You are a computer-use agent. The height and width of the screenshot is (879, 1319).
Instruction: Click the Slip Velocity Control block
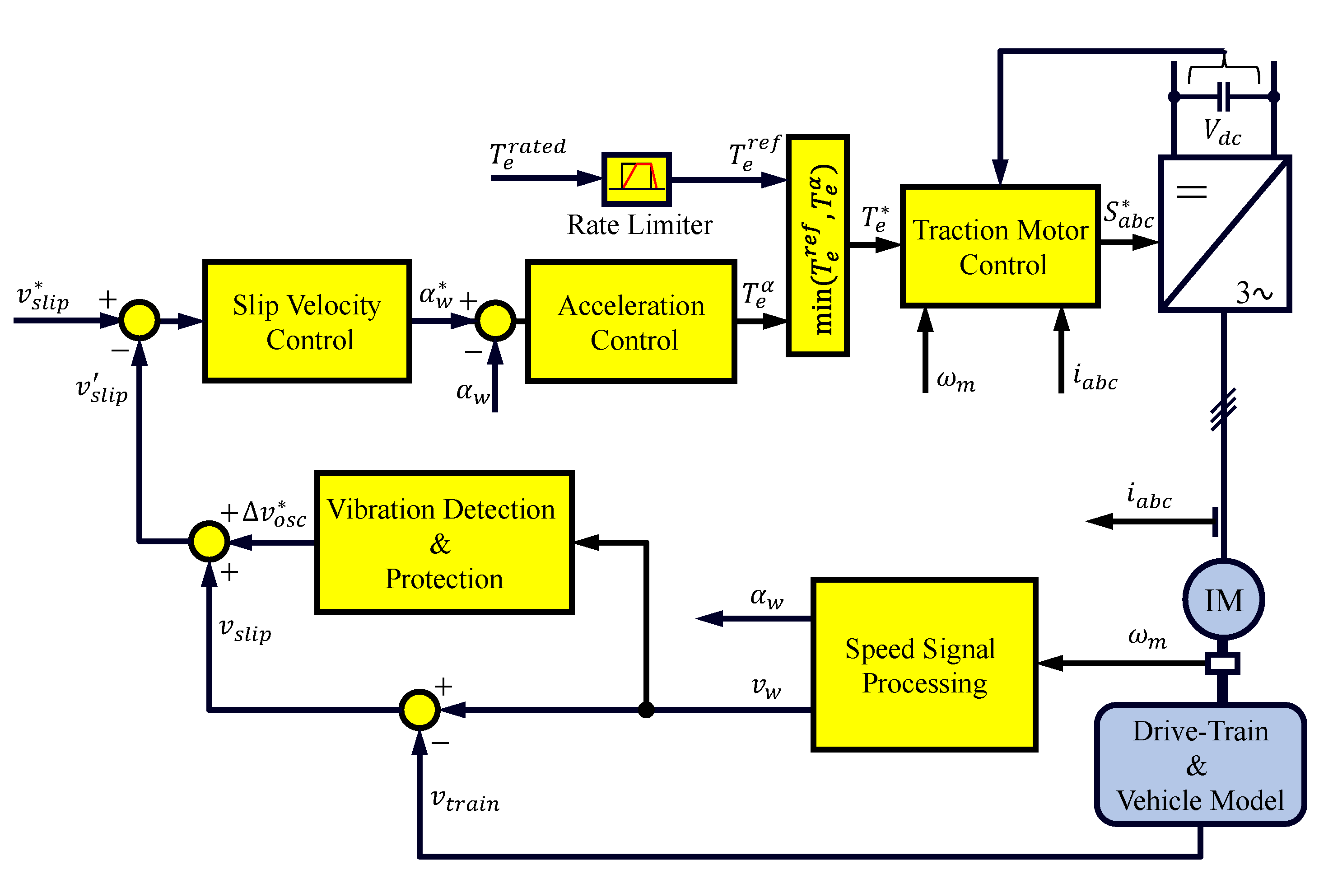tap(307, 321)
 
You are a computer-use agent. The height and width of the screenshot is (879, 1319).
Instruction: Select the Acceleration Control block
tap(630, 322)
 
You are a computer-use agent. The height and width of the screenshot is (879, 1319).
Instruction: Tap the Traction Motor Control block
tap(1000, 246)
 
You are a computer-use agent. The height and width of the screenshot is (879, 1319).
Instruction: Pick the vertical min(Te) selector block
tap(817, 246)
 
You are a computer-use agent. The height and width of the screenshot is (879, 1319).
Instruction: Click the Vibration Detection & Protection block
tap(444, 542)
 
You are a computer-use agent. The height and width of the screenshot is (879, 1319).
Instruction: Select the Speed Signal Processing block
tap(923, 664)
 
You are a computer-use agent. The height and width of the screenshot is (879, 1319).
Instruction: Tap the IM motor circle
tap(1223, 599)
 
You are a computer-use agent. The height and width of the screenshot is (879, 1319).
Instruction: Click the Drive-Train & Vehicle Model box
tap(1200, 765)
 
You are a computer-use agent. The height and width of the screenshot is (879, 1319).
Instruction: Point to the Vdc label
tap(1221, 132)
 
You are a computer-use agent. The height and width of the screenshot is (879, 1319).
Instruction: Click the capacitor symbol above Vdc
tap(1223, 96)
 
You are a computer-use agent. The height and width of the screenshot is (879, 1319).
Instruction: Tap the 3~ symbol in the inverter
tap(1253, 292)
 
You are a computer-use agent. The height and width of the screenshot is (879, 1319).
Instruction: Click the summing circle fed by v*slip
tap(140, 320)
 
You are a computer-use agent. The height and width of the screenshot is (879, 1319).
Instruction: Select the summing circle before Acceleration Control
tap(495, 321)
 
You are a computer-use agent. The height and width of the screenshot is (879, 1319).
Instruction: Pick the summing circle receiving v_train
tap(419, 710)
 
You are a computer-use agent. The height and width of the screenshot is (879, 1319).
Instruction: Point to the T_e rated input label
tap(527, 154)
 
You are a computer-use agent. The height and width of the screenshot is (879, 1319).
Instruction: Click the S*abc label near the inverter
tap(1128, 215)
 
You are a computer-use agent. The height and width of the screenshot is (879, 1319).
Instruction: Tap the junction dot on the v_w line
tap(646, 710)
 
